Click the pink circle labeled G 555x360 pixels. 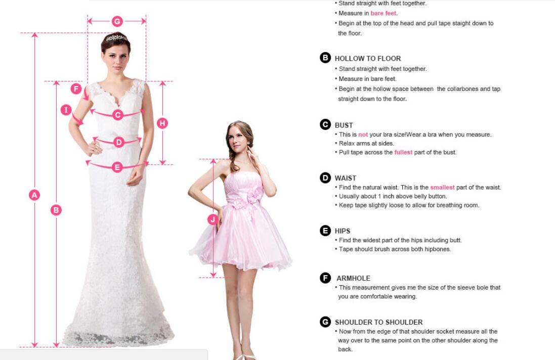tap(117, 21)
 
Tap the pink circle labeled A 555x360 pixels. tap(34, 195)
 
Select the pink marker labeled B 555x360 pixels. tap(56, 210)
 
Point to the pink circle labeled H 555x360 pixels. tap(162, 123)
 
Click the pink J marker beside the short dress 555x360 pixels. tap(212, 219)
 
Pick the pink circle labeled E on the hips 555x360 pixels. tap(117, 167)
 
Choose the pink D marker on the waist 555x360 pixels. tap(119, 142)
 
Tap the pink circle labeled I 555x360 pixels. tap(66, 110)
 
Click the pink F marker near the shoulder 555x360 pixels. tap(76, 88)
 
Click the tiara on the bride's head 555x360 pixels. tap(116, 37)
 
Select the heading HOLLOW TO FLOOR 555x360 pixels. tap(368, 58)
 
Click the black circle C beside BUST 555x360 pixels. tap(325, 124)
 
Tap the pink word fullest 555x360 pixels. tap(403, 152)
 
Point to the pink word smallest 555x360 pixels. tap(442, 187)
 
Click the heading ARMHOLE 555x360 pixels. tap(353, 278)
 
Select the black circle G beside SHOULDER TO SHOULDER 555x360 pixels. tap(325, 322)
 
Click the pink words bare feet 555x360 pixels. tap(383, 13)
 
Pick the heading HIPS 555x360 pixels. tap(343, 231)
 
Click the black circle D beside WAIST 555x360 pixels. tap(325, 177)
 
